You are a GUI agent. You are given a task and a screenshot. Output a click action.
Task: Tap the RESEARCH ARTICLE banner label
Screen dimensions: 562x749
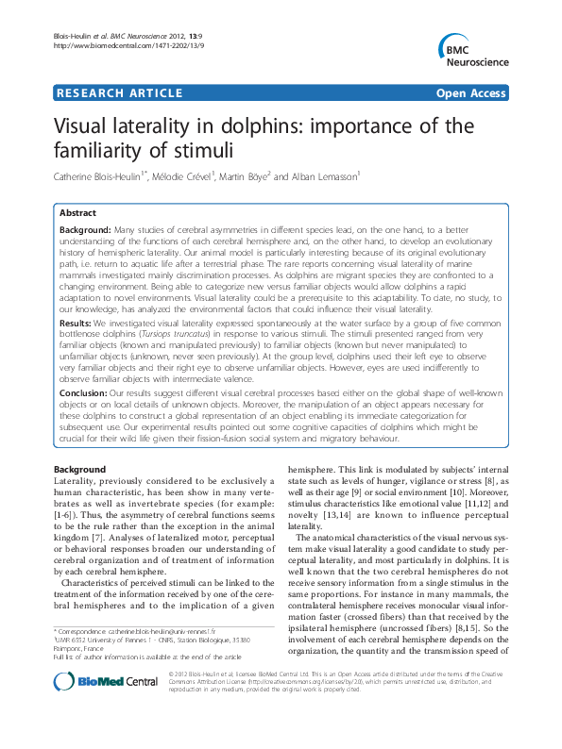pos(120,93)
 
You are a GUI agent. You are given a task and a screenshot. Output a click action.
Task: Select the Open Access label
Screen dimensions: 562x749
pos(471,93)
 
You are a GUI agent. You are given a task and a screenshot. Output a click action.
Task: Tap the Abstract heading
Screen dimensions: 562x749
pos(78,214)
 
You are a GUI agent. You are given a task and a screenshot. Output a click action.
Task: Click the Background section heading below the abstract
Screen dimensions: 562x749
pos(79,469)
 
